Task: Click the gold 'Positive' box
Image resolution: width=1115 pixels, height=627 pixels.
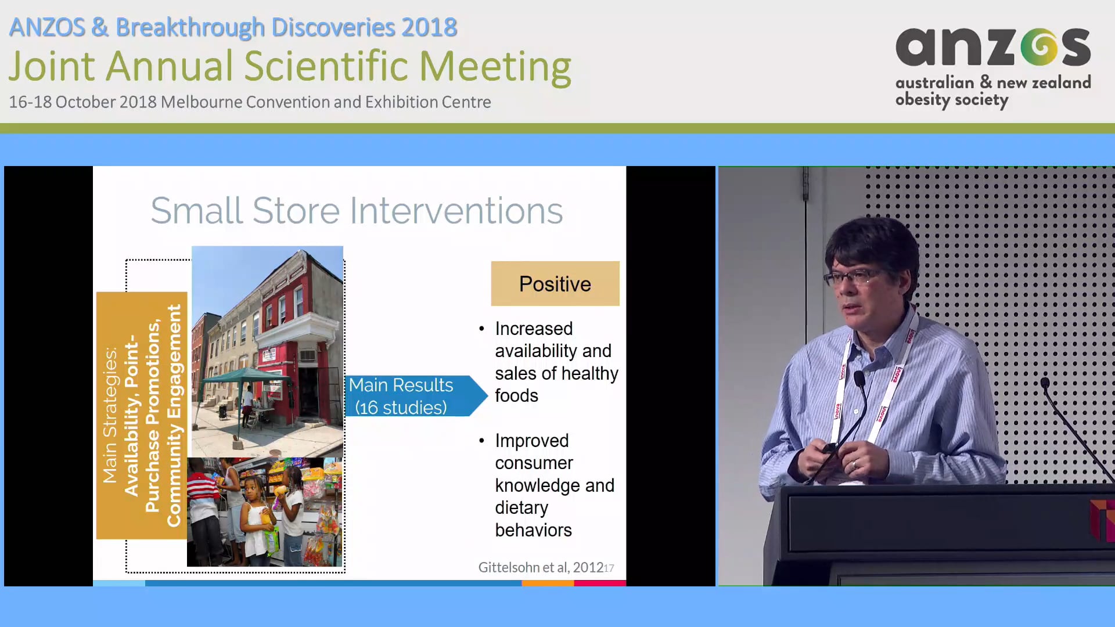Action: point(555,283)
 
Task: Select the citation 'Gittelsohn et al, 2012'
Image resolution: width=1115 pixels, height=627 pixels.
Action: point(540,567)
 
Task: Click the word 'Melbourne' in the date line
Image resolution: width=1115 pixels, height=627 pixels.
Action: point(202,102)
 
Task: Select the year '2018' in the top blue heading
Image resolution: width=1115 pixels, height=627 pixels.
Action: point(429,27)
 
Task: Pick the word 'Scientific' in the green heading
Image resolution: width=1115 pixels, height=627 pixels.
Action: point(326,66)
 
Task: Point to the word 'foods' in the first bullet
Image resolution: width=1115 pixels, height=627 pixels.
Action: point(516,395)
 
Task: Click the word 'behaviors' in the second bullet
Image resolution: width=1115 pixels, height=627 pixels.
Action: point(533,530)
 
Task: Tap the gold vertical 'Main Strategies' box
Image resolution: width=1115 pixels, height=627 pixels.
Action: point(142,415)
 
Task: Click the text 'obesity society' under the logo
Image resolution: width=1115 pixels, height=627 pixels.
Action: point(951,100)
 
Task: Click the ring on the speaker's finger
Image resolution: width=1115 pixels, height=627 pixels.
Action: point(854,464)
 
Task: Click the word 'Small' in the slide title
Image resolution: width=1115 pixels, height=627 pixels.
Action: point(196,210)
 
